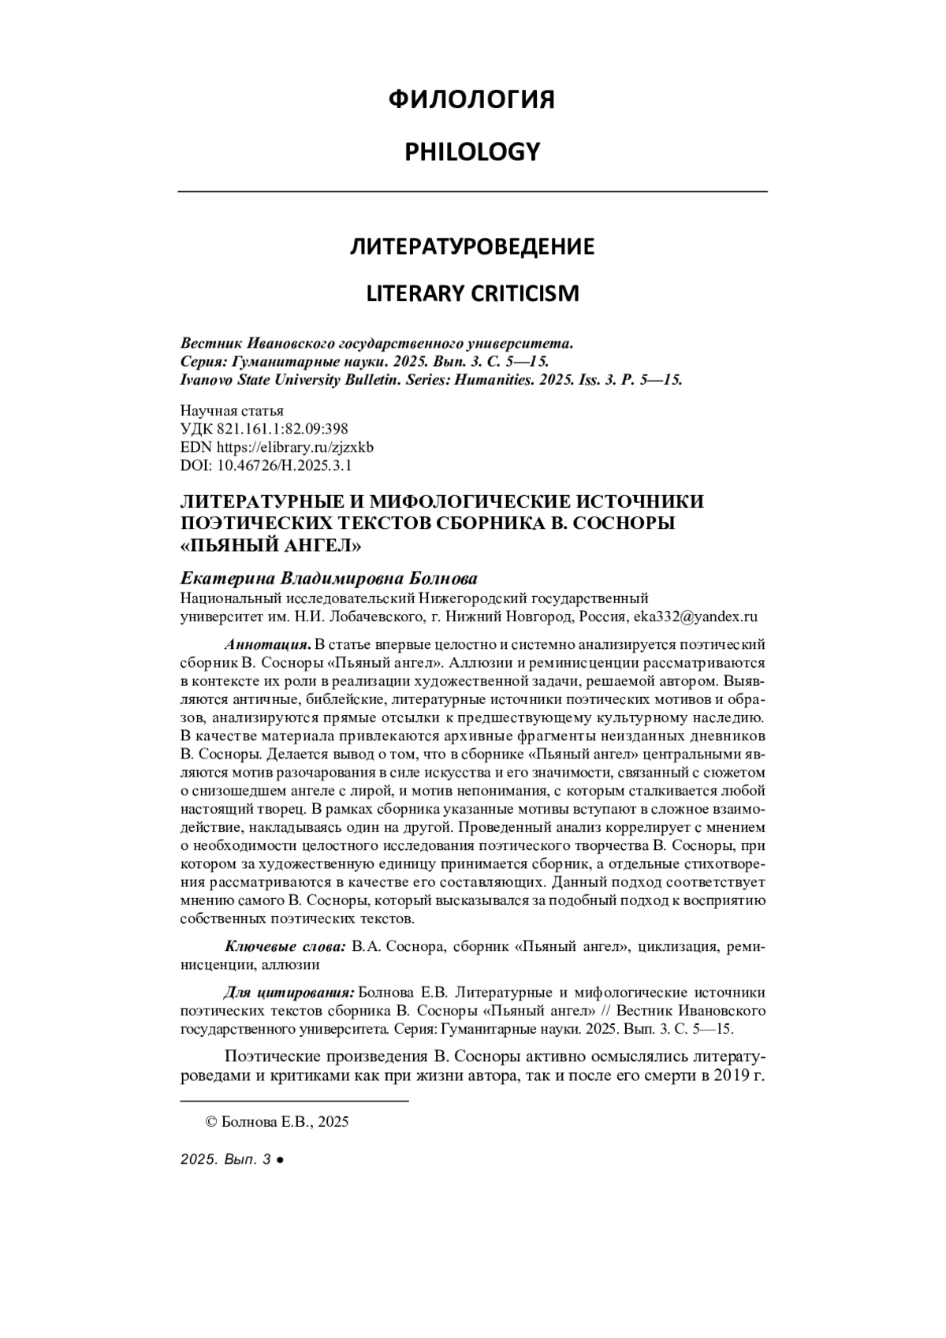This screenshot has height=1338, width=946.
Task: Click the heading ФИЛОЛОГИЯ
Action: pyautogui.click(x=472, y=100)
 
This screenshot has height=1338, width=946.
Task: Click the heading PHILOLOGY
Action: pyautogui.click(x=472, y=151)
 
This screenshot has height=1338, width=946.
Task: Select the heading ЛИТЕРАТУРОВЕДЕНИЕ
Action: pyautogui.click(x=472, y=247)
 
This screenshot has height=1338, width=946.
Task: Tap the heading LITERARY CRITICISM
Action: pyautogui.click(x=472, y=293)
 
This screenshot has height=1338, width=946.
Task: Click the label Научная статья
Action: pyautogui.click(x=232, y=411)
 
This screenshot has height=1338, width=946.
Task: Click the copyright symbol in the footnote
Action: pyautogui.click(x=210, y=1122)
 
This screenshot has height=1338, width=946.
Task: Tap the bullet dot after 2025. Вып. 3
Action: pyautogui.click(x=281, y=1160)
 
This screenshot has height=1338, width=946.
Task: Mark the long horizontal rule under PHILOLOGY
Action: pyautogui.click(x=472, y=192)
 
